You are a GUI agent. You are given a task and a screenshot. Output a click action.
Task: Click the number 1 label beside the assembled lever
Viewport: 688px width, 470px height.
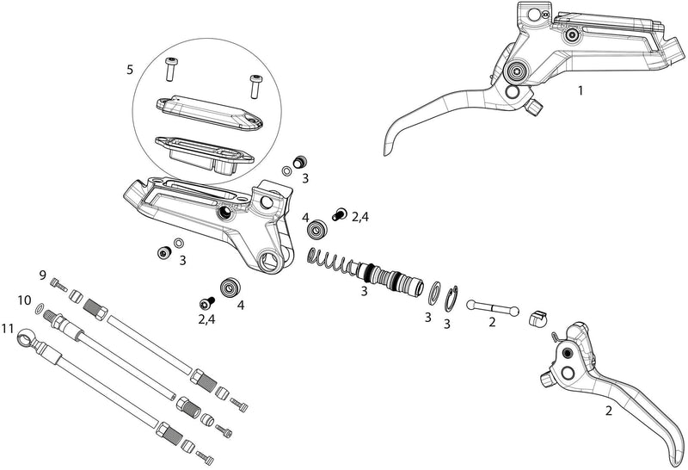(x=580, y=90)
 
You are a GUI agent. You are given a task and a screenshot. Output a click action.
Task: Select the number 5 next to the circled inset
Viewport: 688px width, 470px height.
(x=130, y=70)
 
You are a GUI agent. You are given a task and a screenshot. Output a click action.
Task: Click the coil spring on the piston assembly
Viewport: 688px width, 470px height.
(x=330, y=261)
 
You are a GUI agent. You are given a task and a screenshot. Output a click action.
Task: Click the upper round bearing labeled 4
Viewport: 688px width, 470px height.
(x=317, y=229)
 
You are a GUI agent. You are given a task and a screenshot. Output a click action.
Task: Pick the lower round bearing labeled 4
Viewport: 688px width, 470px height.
(x=230, y=288)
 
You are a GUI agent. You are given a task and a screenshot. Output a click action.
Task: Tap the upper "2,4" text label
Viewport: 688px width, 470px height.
(x=362, y=219)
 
